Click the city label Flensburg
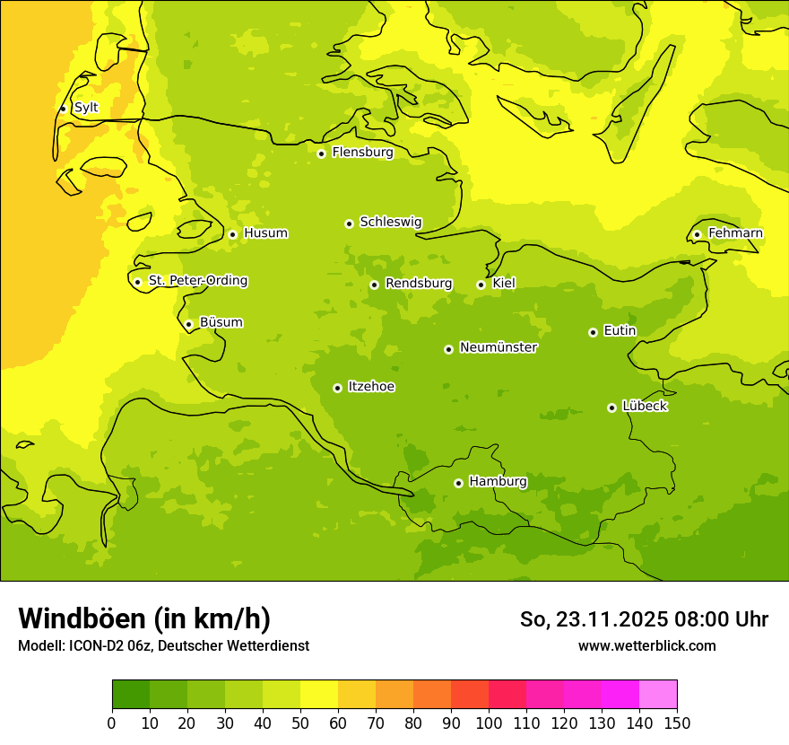[362, 153]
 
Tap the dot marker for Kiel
[481, 285]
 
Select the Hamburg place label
[498, 482]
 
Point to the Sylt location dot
[63, 109]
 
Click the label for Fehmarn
[735, 233]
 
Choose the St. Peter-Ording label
[197, 281]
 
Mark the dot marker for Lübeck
[611, 408]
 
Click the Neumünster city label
[498, 347]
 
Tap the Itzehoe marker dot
[337, 388]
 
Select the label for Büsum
[221, 322]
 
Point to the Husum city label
[265, 233]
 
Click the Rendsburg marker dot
[374, 285]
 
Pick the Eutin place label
[620, 331]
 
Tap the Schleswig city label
[390, 222]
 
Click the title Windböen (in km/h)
[144, 618]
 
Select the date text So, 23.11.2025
[594, 619]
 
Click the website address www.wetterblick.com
[646, 645]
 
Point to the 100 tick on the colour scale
[489, 723]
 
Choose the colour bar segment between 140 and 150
[657, 695]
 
